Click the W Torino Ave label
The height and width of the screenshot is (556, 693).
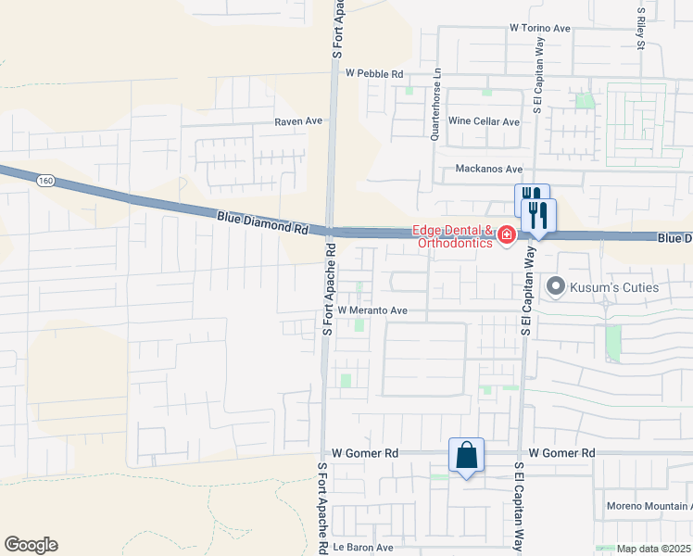point(539,29)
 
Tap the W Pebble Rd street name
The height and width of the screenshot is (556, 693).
point(374,73)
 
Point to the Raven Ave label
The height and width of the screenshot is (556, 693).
point(298,121)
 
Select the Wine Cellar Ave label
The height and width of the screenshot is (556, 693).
point(484,121)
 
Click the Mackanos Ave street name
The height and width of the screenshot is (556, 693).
point(489,170)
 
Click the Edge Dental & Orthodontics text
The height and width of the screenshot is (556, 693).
point(453,236)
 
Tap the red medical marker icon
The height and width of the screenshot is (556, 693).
point(506,236)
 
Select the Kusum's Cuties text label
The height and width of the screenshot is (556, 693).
point(615,287)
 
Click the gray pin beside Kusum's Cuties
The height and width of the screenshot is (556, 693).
point(556,286)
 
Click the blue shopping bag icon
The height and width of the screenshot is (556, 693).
point(466,455)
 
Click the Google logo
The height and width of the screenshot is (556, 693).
point(31,545)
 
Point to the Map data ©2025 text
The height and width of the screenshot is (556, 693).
point(654,549)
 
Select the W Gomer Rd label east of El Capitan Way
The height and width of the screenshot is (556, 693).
point(562,453)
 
